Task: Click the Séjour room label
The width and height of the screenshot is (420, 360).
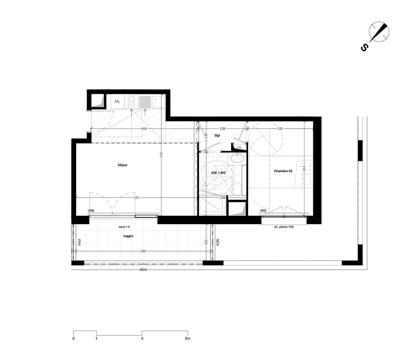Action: tap(123, 165)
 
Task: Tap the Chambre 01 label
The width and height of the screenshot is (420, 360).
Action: tap(283, 171)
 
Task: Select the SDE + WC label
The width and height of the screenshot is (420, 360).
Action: tap(218, 173)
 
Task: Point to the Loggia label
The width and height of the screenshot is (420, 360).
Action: tap(128, 236)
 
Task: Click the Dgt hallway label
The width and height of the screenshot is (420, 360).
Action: tap(217, 136)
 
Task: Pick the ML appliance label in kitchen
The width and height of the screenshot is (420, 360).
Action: tap(118, 102)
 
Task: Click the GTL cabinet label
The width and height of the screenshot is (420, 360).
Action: tap(239, 147)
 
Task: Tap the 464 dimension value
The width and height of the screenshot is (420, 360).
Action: tap(144, 129)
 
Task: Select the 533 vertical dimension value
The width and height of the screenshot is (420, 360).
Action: tap(161, 155)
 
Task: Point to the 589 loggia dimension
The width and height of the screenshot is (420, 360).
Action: tap(143, 251)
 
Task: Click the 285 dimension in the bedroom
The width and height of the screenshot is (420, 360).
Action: tap(280, 129)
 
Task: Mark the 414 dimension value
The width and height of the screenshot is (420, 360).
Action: tap(304, 168)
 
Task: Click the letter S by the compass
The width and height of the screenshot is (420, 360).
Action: tap(364, 48)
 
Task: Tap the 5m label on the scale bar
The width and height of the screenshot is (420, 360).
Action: tap(187, 339)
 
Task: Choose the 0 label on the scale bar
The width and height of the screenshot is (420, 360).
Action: tap(73, 339)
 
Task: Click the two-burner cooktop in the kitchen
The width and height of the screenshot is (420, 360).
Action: tap(131, 101)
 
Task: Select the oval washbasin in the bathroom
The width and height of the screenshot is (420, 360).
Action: tap(237, 158)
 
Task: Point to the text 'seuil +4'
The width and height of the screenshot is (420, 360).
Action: tap(124, 227)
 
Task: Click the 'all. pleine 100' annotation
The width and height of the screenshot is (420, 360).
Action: tap(283, 227)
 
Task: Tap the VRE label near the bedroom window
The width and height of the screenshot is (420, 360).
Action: tap(263, 211)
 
